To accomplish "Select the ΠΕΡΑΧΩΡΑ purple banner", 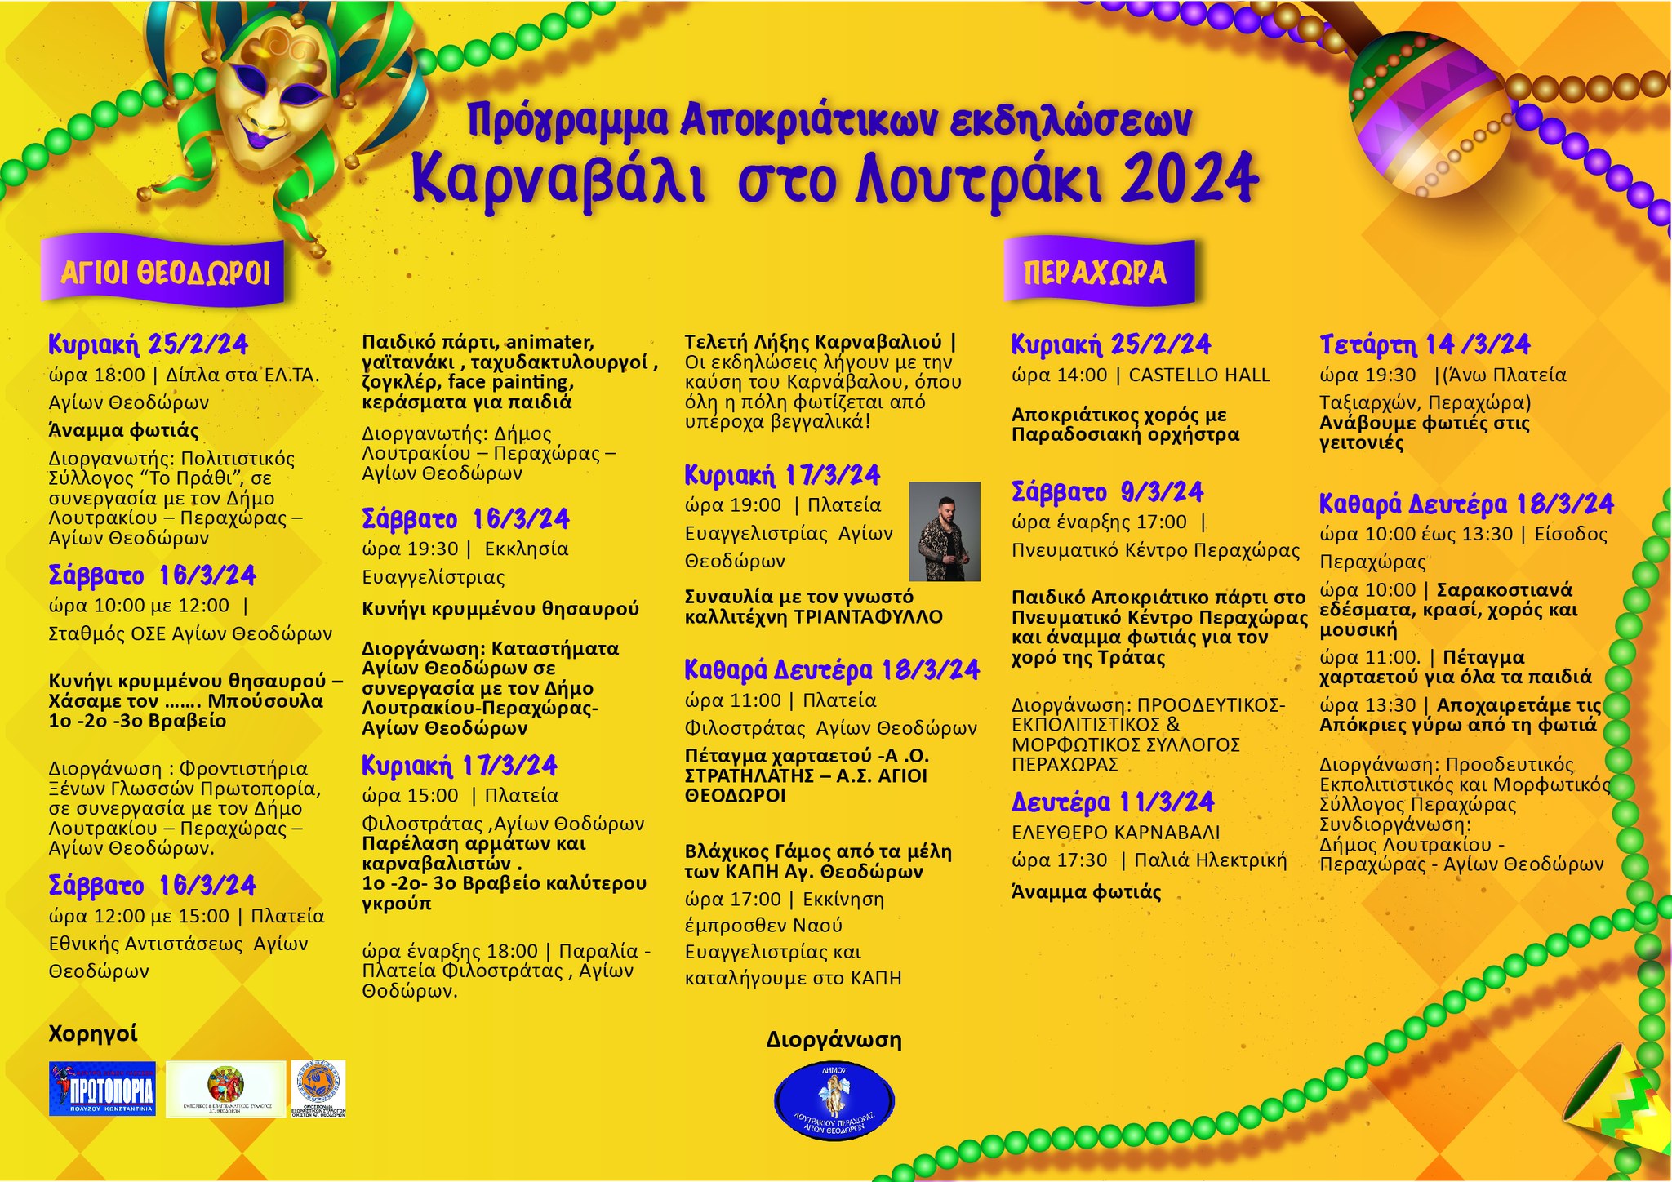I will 1096,273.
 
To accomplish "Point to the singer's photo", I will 945,531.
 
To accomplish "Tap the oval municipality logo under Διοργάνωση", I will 834,1099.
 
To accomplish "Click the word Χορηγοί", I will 93,1033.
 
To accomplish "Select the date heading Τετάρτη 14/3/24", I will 1425,345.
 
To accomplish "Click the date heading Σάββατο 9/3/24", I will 1108,492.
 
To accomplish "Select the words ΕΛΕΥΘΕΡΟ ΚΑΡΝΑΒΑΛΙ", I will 1115,833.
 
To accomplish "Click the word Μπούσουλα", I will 265,701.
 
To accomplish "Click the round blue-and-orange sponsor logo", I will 318,1083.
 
